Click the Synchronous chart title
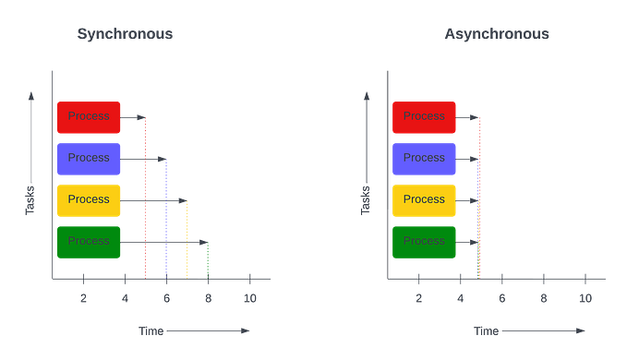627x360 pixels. pyautogui.click(x=125, y=35)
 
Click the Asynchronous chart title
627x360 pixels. pyautogui.click(x=497, y=35)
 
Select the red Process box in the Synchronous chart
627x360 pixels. pyautogui.click(x=89, y=117)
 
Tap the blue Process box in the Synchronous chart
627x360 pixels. pyautogui.click(x=89, y=159)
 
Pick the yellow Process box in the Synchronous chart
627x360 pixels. pyautogui.click(x=89, y=200)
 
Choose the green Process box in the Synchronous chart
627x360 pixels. pyautogui.click(x=89, y=242)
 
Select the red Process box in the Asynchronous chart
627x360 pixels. pyautogui.click(x=424, y=117)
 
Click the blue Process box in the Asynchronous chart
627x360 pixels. pyautogui.click(x=424, y=159)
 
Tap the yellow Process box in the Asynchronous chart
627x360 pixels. pyautogui.click(x=424, y=200)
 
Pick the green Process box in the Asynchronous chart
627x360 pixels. pyautogui.click(x=424, y=242)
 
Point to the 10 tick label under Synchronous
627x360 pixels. pyautogui.click(x=249, y=297)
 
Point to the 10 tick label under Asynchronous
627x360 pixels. pyautogui.click(x=585, y=297)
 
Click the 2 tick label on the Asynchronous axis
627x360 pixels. pyautogui.click(x=418, y=297)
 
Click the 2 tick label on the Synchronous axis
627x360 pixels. pyautogui.click(x=83, y=297)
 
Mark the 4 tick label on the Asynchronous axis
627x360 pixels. pyautogui.click(x=460, y=297)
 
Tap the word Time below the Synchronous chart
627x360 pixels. pyautogui.click(x=150, y=330)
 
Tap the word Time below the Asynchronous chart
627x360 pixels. pyautogui.click(x=485, y=330)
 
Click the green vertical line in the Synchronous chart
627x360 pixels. pyautogui.click(x=208, y=258)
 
